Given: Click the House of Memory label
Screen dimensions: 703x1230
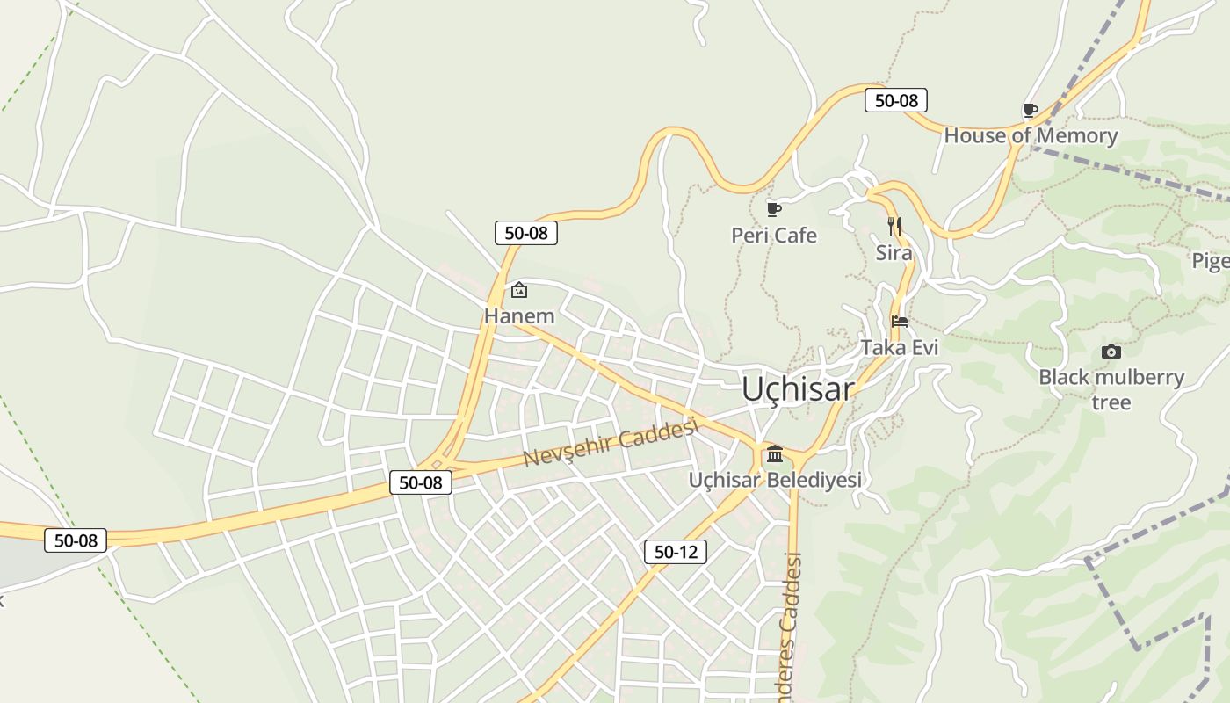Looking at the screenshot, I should (x=1031, y=135).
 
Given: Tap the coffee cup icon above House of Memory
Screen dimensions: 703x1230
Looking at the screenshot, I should (x=1031, y=110).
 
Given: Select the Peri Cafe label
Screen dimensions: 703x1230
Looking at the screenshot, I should (x=774, y=236).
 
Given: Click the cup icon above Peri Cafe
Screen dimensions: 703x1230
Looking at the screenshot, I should (x=773, y=209).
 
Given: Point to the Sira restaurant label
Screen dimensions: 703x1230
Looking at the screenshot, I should (x=894, y=253).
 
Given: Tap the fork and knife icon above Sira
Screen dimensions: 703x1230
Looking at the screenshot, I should (x=894, y=227).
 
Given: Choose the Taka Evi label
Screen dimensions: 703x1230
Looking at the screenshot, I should (x=900, y=347).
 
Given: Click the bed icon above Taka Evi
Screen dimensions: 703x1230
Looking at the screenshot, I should (x=899, y=322).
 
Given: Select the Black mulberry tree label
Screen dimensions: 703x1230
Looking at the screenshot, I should (x=1111, y=389).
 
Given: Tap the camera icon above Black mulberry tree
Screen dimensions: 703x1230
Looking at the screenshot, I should (x=1111, y=352).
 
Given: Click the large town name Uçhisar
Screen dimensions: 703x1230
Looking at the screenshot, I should (x=797, y=389).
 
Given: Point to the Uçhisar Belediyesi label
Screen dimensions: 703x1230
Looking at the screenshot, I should (x=774, y=480).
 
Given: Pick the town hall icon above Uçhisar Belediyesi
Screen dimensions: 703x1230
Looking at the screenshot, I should (x=774, y=454).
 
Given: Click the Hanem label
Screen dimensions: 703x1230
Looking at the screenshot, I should (x=519, y=315).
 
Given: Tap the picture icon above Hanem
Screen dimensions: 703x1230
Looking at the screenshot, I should (x=519, y=290).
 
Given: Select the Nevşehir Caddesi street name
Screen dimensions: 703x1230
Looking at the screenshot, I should (x=611, y=444).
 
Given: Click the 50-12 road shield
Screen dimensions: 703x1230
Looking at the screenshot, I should (x=675, y=552).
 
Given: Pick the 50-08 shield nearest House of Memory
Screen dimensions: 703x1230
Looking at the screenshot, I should (x=896, y=100).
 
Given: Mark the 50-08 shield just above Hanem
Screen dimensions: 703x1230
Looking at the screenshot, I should (x=526, y=233).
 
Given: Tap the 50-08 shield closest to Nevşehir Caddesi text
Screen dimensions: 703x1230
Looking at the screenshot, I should (x=421, y=482).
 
